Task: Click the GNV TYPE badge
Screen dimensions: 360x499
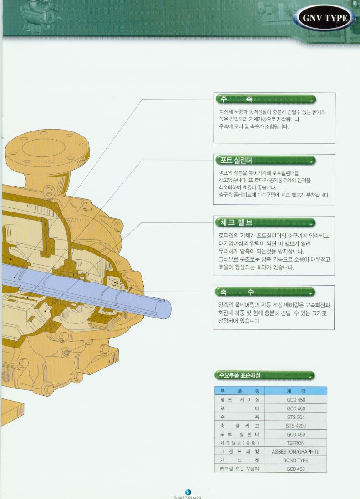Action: pos(325,17)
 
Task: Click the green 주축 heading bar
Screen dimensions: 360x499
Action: pos(266,99)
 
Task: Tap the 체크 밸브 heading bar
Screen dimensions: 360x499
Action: pos(265,222)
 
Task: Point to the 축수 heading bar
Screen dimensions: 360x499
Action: pos(265,292)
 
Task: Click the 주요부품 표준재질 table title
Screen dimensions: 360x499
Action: pos(265,376)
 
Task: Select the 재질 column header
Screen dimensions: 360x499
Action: pos(296,391)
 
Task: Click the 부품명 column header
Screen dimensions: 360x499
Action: pos(240,391)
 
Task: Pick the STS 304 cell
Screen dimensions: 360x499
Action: pos(296,417)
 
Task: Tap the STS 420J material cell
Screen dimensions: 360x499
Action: pos(296,426)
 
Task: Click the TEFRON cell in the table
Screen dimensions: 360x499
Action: pos(296,443)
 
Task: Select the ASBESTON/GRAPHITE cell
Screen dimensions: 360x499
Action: pos(296,452)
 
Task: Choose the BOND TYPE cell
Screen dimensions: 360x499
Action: pos(296,460)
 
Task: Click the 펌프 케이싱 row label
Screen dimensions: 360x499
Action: pos(240,400)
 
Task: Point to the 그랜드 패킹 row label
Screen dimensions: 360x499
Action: pos(240,452)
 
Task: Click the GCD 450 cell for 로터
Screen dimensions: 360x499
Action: pos(296,408)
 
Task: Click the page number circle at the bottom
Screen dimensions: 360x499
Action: pos(188,493)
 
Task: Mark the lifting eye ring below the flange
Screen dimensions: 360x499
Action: pos(49,191)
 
